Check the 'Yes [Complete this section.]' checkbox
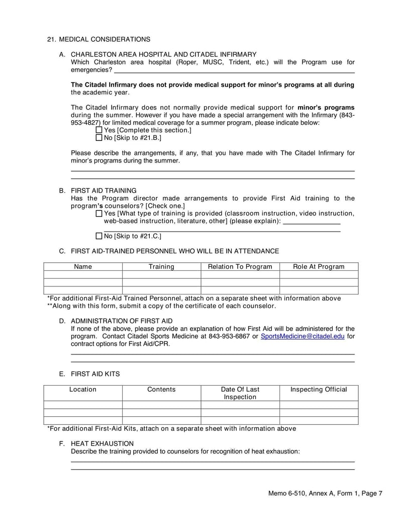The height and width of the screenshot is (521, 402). pyautogui.click(x=98, y=130)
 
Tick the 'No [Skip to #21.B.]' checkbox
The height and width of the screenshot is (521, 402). pyautogui.click(x=98, y=137)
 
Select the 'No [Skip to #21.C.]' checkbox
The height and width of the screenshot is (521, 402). pyautogui.click(x=98, y=236)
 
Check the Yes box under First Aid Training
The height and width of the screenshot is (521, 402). pyautogui.click(x=98, y=213)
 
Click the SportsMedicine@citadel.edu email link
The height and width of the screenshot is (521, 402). pyautogui.click(x=303, y=336)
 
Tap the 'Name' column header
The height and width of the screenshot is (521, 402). pyautogui.click(x=83, y=267)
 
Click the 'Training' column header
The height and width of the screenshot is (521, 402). pyautogui.click(x=161, y=267)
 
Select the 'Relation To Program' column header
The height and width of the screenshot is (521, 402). pyautogui.click(x=240, y=267)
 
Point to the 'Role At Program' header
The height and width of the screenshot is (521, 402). pyautogui.click(x=319, y=267)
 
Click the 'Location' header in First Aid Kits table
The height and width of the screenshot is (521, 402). pyautogui.click(x=83, y=390)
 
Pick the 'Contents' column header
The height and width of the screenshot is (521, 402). pyautogui.click(x=161, y=390)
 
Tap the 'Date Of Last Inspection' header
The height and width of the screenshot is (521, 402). pyautogui.click(x=240, y=393)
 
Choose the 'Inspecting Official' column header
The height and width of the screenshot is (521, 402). pyautogui.click(x=319, y=390)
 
